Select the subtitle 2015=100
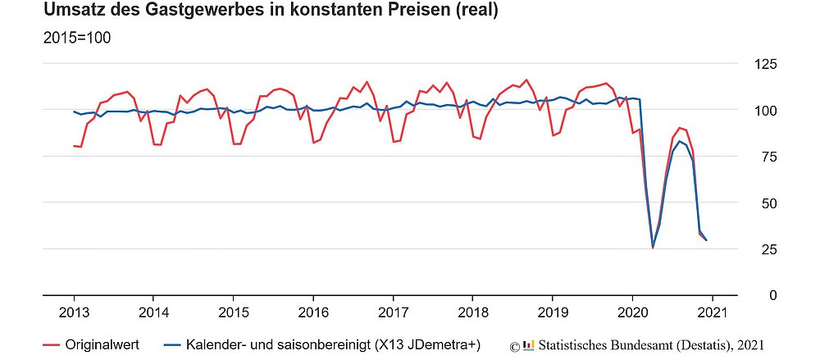77,39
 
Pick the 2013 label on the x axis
74,312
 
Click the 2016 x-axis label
312,312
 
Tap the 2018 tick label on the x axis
472,312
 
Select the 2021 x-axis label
712,312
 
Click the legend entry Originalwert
102,344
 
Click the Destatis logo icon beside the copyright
528,344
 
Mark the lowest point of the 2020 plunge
653,248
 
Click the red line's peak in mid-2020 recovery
679,128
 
